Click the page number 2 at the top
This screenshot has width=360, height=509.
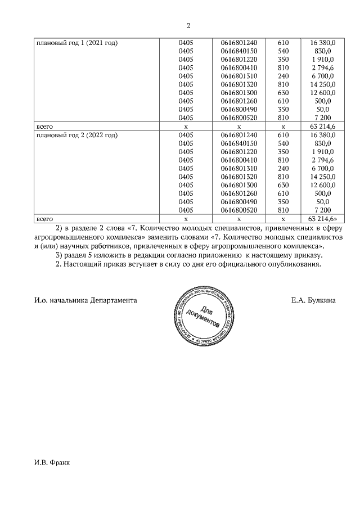coord(188,25)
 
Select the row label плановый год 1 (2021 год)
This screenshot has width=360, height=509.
coord(76,43)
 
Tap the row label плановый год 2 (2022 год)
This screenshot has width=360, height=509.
coord(76,135)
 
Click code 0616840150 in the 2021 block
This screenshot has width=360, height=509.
coord(239,51)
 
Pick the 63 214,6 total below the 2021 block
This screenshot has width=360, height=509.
coord(322,127)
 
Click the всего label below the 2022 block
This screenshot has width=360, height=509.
coord(44,218)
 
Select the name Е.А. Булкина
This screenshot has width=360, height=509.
coord(313,300)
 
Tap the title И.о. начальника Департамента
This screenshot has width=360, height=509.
coord(85,300)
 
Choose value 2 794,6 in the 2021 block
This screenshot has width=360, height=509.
coord(322,67)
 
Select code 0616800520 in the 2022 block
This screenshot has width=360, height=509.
coord(239,210)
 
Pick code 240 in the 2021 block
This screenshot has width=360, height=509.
coord(283,76)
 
